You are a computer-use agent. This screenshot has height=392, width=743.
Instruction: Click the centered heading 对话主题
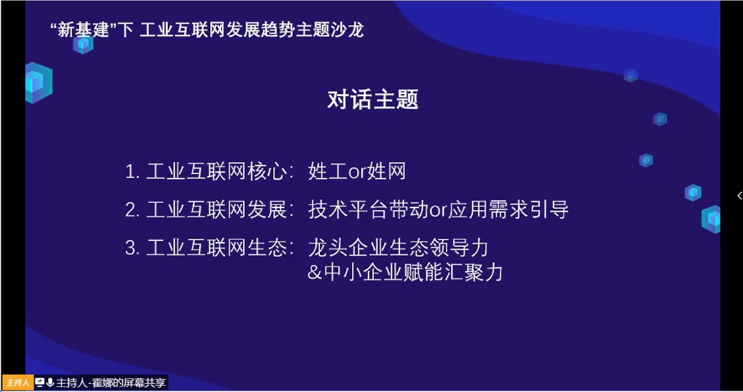[x=373, y=99]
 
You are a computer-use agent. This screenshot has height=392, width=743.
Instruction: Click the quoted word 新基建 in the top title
[x=83, y=30]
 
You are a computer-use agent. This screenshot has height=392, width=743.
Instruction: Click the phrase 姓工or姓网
[x=357, y=171]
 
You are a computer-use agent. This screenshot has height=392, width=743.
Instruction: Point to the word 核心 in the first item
[x=267, y=171]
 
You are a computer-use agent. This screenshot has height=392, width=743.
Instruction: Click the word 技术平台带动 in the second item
[x=368, y=210]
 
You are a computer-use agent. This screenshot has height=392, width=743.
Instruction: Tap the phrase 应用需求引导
[x=509, y=210]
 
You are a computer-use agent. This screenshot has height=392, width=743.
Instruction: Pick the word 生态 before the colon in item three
[x=267, y=248]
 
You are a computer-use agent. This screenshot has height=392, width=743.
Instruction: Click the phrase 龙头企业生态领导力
[x=398, y=248]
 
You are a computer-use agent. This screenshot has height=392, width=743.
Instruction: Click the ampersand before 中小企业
[x=315, y=273]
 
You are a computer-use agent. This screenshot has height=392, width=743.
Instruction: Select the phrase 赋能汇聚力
[x=453, y=273]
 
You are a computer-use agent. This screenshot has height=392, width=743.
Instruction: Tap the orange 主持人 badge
[x=17, y=383]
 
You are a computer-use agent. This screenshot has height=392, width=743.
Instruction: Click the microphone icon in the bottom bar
[x=50, y=382]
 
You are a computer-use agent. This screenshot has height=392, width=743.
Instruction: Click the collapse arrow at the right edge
[x=739, y=196]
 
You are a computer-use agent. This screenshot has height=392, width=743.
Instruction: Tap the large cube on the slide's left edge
[x=39, y=83]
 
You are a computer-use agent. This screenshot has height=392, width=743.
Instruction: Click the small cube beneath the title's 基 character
[x=83, y=45]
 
